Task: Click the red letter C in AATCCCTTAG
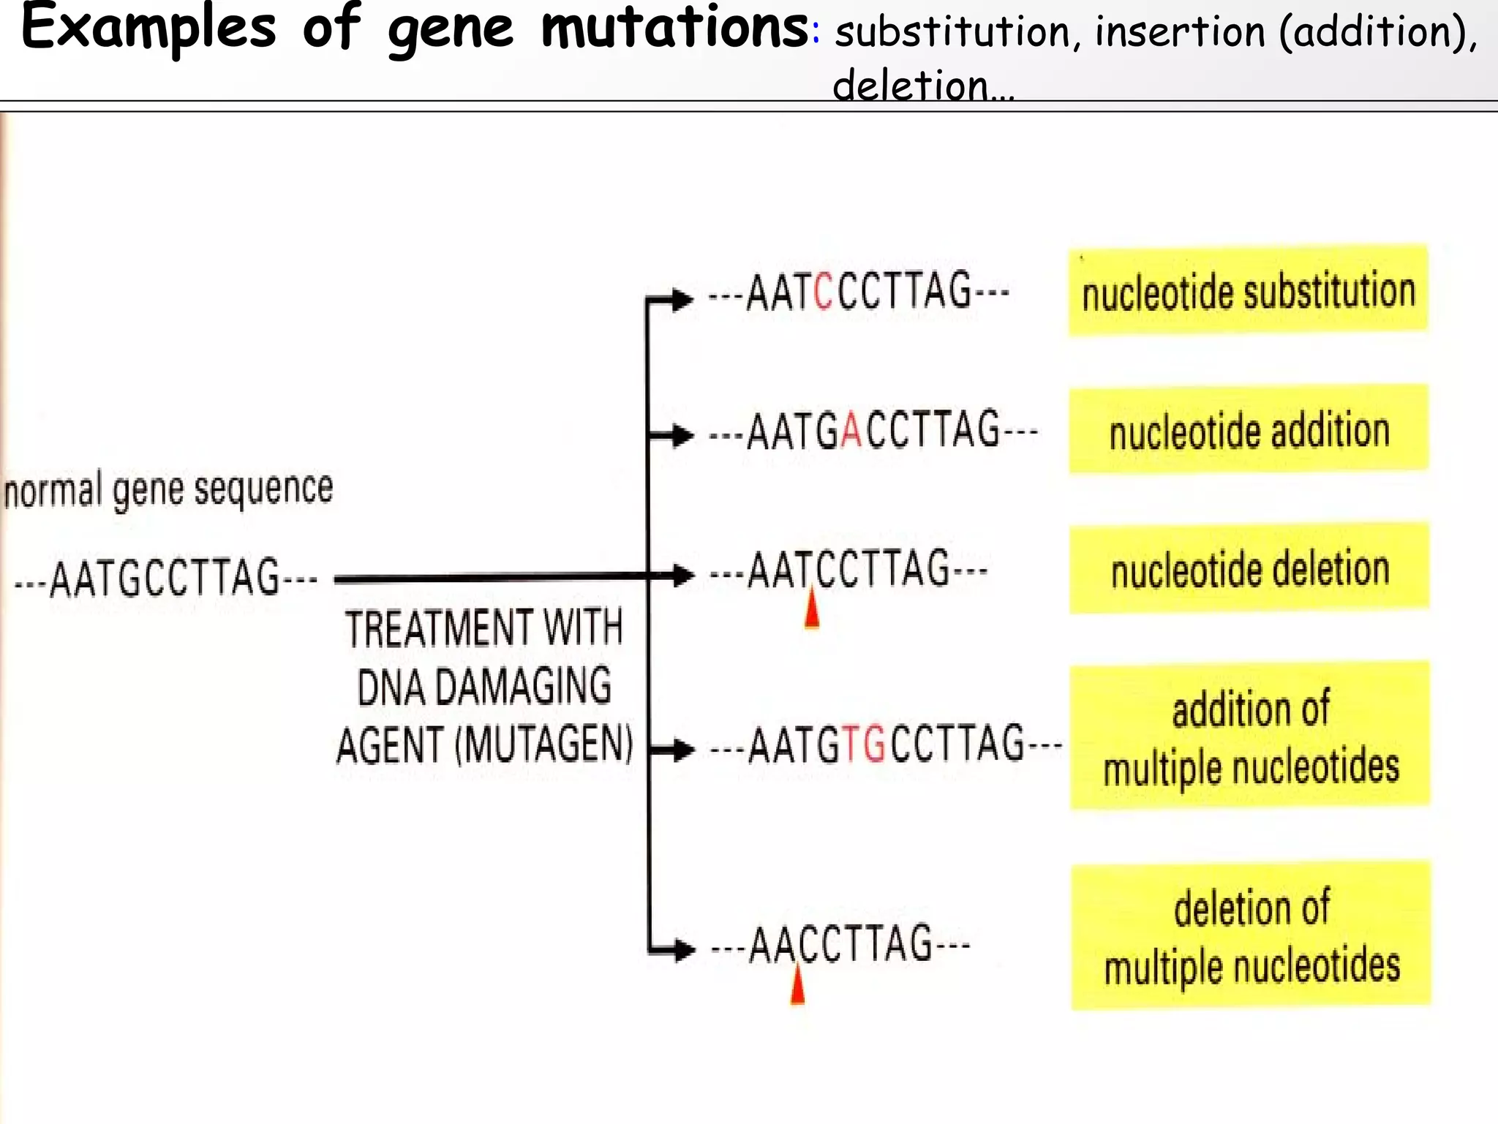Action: pyautogui.click(x=823, y=291)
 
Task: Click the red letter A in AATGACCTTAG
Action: pyautogui.click(x=851, y=431)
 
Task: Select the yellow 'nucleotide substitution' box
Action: pyautogui.click(x=1248, y=290)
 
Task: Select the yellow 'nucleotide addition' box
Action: pyautogui.click(x=1249, y=430)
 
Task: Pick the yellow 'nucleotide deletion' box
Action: pyautogui.click(x=1249, y=569)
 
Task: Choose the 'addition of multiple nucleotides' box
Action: pyautogui.click(x=1250, y=736)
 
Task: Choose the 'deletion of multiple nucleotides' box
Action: pyautogui.click(x=1251, y=936)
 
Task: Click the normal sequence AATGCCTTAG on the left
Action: pyautogui.click(x=165, y=578)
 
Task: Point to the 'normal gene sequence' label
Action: pyautogui.click(x=168, y=489)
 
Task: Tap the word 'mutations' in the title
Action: pyautogui.click(x=674, y=27)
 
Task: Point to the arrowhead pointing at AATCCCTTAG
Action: pyautogui.click(x=681, y=299)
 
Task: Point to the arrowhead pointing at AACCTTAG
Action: pyautogui.click(x=682, y=950)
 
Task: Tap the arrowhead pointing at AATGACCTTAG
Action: pyautogui.click(x=681, y=435)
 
